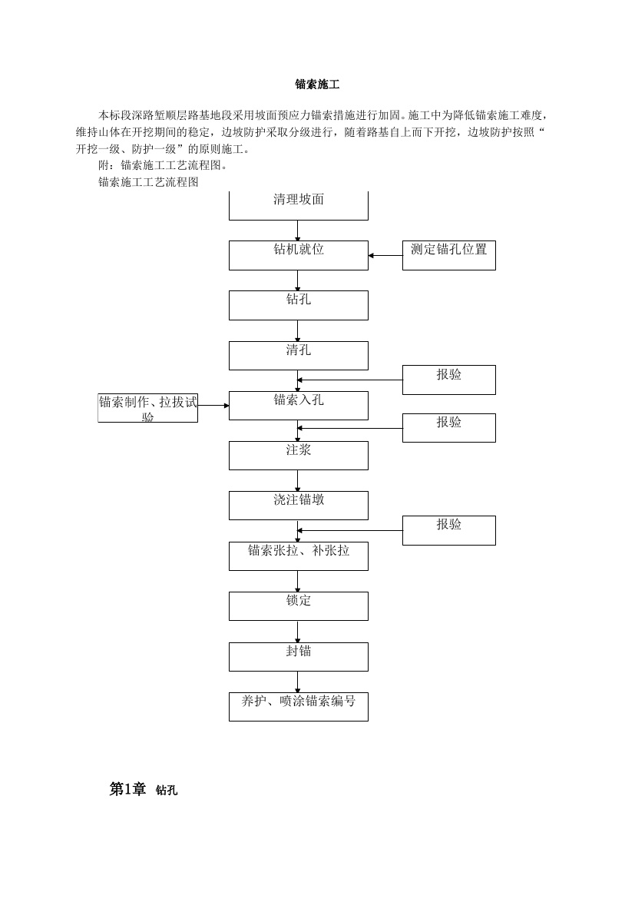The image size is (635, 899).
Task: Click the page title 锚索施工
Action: tap(317, 85)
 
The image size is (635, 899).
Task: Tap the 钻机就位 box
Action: tap(299, 255)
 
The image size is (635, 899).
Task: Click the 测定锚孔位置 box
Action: tap(448, 255)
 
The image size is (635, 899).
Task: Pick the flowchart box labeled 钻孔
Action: tap(299, 305)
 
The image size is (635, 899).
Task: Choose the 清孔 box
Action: tap(299, 356)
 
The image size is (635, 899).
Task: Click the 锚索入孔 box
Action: tap(299, 406)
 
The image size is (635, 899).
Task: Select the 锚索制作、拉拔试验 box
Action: tap(148, 408)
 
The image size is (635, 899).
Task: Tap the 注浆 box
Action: tap(299, 455)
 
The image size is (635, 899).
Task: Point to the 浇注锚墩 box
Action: tap(299, 505)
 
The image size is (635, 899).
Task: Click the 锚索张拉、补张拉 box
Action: tap(299, 556)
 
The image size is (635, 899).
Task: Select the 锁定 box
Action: tap(299, 606)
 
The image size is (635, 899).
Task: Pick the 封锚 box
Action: tap(299, 656)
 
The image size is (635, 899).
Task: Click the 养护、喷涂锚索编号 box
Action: tap(299, 706)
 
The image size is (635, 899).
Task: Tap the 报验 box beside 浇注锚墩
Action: tap(448, 530)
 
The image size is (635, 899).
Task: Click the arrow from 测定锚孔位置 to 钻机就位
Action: tap(385, 256)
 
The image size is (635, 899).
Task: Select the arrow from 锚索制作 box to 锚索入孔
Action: tap(213, 406)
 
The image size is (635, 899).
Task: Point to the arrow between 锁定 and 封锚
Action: tap(297, 632)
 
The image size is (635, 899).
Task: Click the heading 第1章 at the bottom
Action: tap(127, 789)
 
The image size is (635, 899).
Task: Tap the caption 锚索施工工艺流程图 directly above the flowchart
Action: tap(148, 182)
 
